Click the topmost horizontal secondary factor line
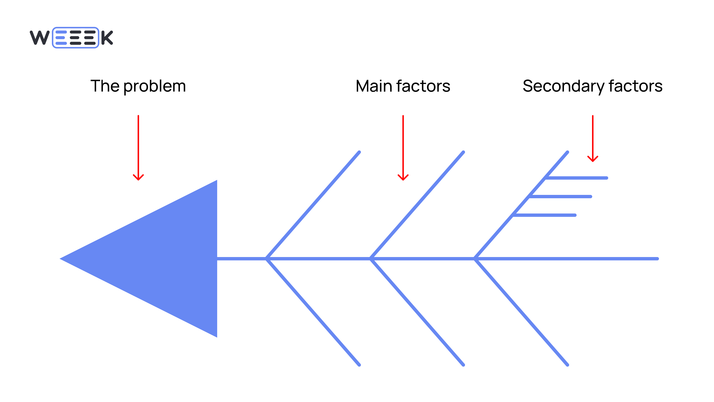coord(576,178)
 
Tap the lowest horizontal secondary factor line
coord(545,215)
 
